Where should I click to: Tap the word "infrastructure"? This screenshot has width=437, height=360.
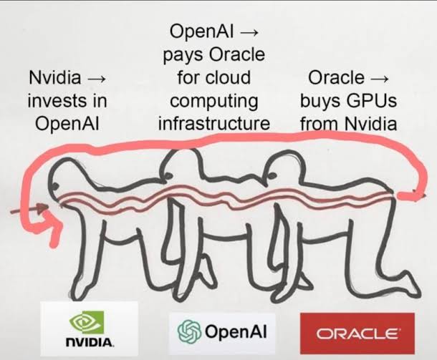214,122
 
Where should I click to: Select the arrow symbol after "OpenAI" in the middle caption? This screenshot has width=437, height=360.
251,31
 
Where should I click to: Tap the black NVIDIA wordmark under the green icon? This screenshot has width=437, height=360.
89,343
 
